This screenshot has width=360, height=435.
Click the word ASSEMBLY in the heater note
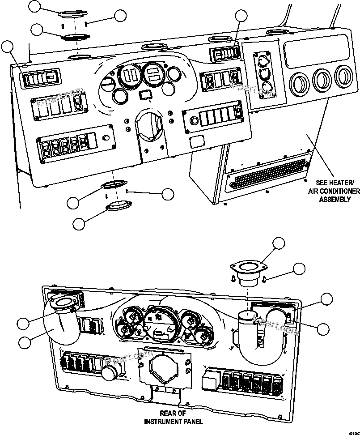(x=335, y=199)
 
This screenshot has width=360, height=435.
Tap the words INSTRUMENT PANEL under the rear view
(x=173, y=422)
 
